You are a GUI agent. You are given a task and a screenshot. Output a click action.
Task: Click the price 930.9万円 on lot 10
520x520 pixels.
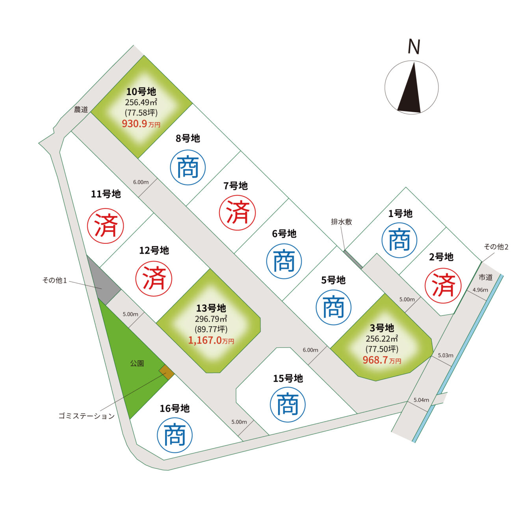[141, 124]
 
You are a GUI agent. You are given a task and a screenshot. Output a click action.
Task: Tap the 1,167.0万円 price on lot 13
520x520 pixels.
[211, 340]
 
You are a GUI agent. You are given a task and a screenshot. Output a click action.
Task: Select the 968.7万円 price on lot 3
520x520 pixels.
[382, 360]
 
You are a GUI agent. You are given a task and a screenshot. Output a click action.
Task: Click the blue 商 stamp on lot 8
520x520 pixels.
[188, 167]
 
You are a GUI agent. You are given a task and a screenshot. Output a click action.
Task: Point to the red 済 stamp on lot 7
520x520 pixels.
[237, 213]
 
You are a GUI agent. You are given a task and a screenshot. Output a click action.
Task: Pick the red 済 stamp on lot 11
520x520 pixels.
[106, 226]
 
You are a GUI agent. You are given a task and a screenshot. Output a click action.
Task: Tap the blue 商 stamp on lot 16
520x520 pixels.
[175, 435]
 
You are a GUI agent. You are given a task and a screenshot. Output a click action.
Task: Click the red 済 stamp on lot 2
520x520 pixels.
[443, 286]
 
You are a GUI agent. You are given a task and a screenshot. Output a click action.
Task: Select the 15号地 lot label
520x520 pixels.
[288, 379]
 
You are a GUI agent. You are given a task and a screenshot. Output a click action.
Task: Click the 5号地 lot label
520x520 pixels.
[333, 280]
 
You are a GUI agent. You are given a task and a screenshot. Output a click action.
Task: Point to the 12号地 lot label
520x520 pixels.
[154, 251]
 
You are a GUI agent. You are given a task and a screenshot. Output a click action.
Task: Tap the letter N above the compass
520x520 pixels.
[414, 47]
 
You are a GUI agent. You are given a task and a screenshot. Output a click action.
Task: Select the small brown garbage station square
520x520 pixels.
[166, 372]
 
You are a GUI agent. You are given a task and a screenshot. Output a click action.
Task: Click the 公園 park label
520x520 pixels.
[137, 363]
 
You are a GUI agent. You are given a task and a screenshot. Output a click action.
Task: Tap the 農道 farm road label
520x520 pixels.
[81, 109]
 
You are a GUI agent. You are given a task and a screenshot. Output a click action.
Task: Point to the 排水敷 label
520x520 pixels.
[342, 222]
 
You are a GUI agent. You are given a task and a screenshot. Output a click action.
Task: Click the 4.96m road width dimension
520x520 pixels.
[480, 290]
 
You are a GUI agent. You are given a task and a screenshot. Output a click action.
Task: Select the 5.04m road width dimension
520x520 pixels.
[421, 400]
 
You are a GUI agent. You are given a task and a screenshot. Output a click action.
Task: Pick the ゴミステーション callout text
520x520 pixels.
[87, 416]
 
